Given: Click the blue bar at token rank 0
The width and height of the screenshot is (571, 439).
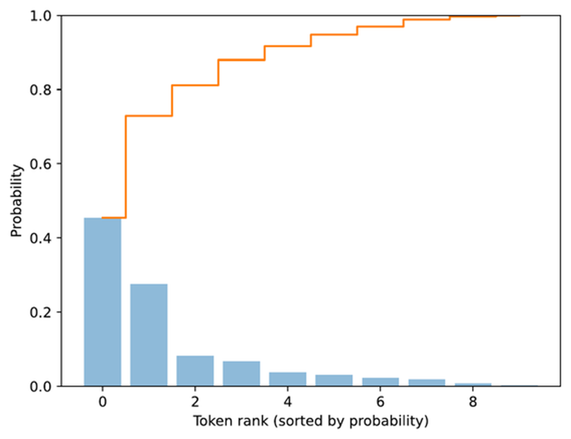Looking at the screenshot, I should [102, 302].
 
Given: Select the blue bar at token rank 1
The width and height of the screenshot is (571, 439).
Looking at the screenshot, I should [149, 334].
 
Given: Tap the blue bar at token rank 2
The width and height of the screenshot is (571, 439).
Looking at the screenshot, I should [195, 371].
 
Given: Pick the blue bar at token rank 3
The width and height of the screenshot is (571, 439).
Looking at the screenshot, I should [241, 374].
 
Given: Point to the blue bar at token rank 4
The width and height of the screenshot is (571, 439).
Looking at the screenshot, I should [288, 379].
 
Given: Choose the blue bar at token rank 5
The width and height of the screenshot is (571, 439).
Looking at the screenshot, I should [334, 380].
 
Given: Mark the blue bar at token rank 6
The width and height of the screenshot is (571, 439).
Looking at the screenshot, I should [380, 382].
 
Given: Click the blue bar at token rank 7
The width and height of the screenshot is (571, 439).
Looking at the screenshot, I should [426, 383].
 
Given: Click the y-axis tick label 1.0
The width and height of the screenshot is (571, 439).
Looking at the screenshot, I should [41, 16].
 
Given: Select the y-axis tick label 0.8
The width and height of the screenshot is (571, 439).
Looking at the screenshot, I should [41, 90].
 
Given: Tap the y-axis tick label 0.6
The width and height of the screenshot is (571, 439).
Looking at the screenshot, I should [41, 164].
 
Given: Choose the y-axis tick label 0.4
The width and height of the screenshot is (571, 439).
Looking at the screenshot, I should [41, 239].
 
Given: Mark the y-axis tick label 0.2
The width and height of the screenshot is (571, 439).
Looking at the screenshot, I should [41, 313].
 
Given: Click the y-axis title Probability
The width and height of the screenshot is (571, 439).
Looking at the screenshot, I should [17, 201].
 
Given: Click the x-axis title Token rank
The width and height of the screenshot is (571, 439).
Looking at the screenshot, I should [310, 421].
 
